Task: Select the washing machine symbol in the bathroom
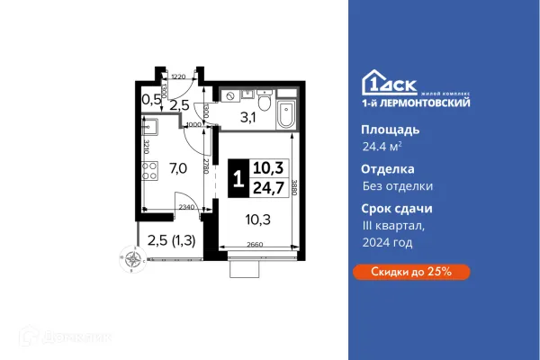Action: click(230, 94)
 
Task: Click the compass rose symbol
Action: click(134, 262)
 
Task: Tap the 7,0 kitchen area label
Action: click(178, 167)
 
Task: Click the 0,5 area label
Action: click(150, 99)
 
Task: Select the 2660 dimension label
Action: click(255, 245)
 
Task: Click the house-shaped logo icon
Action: click(374, 83)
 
